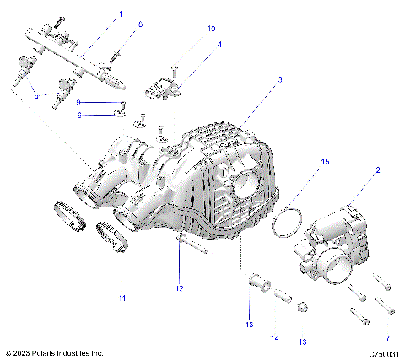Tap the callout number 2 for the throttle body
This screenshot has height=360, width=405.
[376, 171]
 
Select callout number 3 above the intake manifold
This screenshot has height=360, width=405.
[279, 79]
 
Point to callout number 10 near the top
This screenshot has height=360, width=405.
[211, 28]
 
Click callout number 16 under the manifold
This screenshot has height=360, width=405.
[249, 323]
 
